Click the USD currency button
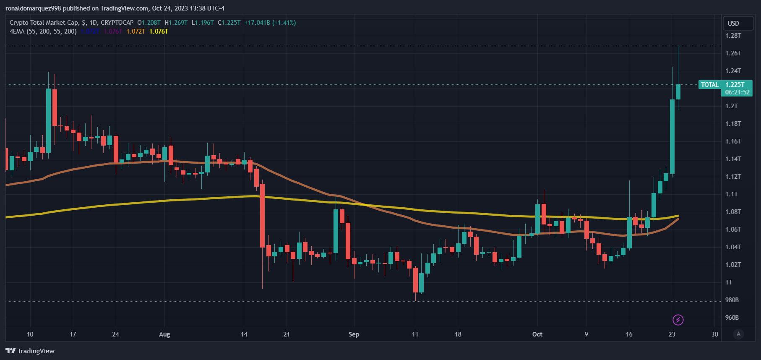[733, 23]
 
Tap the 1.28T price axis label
[733, 36]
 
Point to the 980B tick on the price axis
[732, 300]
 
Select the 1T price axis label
[729, 282]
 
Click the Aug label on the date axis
[164, 334]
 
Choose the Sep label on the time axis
[354, 334]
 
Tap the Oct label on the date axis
[537, 334]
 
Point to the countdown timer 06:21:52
[737, 92]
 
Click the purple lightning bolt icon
[678, 320]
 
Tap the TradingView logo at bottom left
[30, 351]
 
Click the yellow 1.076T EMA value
[159, 31]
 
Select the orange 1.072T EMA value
[136, 31]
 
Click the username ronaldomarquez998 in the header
[33, 8]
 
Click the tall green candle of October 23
[672, 136]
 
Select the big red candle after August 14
[263, 215]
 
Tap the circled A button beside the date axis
[738, 334]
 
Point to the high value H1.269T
[176, 23]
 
